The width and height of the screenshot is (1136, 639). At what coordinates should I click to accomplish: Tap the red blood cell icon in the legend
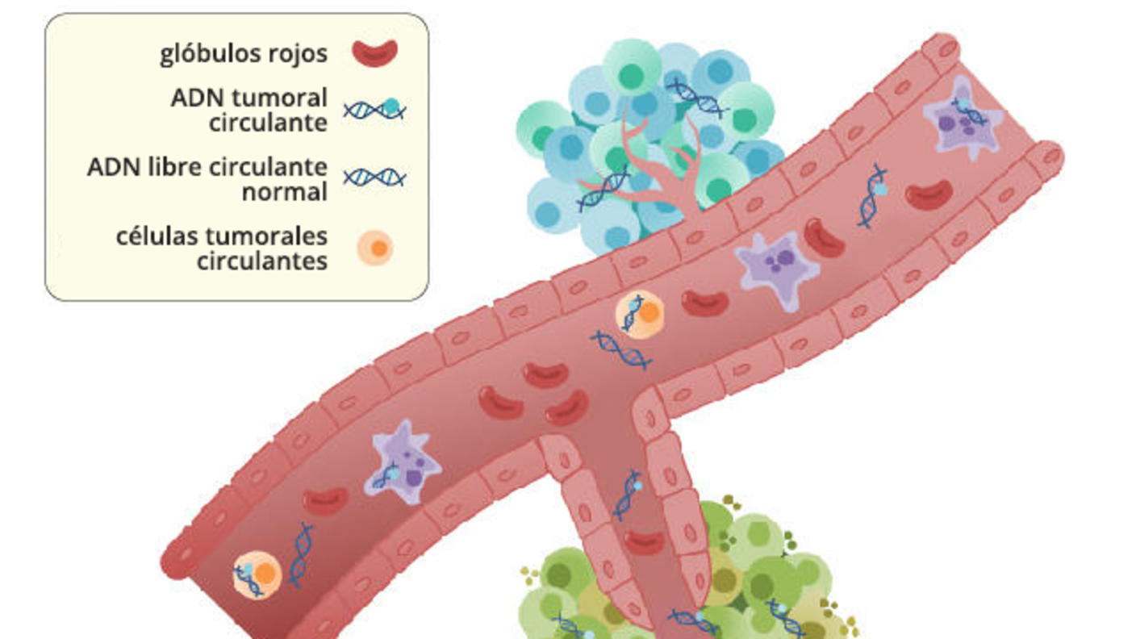(x=374, y=53)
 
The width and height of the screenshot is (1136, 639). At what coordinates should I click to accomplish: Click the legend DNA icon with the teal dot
(x=374, y=109)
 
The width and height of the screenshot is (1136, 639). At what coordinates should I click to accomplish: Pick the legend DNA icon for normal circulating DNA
(x=374, y=177)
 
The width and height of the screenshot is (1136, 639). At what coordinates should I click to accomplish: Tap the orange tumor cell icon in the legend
(x=375, y=248)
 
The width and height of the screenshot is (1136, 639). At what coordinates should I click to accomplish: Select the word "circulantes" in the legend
(x=261, y=261)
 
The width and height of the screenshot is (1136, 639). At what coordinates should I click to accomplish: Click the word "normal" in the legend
(x=284, y=192)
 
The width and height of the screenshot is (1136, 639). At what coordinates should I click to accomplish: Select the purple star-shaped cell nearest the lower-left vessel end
(x=403, y=463)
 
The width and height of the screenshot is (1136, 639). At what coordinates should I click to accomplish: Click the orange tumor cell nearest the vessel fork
(x=640, y=313)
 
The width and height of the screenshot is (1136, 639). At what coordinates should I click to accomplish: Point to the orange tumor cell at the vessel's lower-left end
(x=257, y=574)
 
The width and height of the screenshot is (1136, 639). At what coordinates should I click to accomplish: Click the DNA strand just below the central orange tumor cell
(x=621, y=349)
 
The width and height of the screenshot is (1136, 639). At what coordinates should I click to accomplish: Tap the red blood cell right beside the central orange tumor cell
(x=704, y=303)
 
